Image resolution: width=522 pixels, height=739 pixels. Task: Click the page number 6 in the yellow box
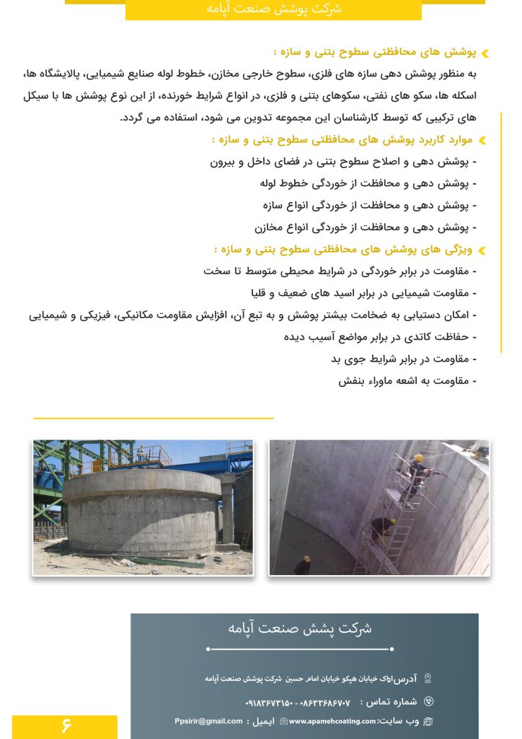click(x=66, y=725)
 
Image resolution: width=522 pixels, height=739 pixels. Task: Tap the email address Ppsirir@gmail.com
click(x=208, y=721)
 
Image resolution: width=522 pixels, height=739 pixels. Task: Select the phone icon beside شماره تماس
click(x=429, y=701)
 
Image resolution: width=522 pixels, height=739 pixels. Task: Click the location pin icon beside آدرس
click(x=428, y=678)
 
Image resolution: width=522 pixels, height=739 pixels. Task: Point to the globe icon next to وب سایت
click(x=428, y=721)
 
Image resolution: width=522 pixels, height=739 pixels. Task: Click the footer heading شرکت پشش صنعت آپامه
click(x=300, y=628)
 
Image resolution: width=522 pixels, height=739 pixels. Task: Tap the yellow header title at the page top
click(x=273, y=9)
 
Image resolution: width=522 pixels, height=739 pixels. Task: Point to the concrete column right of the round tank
click(x=229, y=511)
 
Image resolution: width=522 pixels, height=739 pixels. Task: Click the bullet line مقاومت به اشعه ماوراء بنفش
click(x=407, y=380)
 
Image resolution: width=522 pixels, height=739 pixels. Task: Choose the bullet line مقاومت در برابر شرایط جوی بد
click(x=404, y=359)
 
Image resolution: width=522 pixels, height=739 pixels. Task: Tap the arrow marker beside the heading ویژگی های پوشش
click(x=482, y=250)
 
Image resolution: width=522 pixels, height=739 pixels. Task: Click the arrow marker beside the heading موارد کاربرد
click(x=482, y=140)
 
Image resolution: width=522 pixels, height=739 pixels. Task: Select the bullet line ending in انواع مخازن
click(x=365, y=227)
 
